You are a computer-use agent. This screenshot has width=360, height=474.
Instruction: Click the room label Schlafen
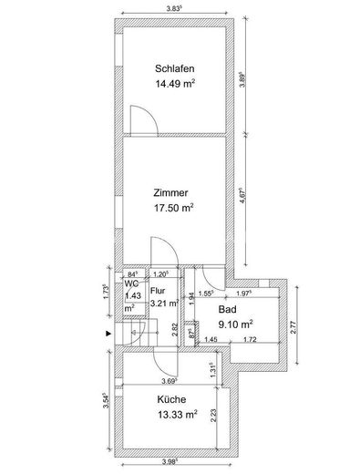[175, 68]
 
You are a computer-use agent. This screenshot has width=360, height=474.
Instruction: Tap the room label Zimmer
[171, 192]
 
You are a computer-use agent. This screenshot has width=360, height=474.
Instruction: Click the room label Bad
[225, 308]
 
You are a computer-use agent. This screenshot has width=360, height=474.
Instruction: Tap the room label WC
[131, 284]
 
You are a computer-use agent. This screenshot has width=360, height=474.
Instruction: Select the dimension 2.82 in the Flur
[175, 328]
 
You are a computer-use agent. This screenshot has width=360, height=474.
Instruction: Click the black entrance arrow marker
[110, 334]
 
